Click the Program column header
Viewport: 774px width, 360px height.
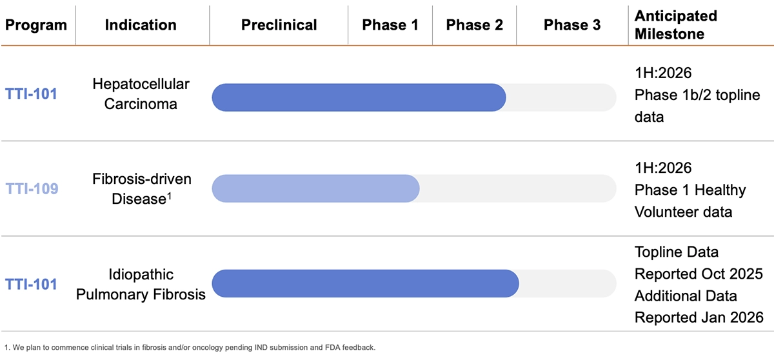pyautogui.click(x=36, y=25)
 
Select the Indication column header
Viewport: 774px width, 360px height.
pyautogui.click(x=141, y=25)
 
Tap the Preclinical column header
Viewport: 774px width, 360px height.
pyautogui.click(x=279, y=25)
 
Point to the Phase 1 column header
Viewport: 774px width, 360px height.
pyautogui.click(x=390, y=25)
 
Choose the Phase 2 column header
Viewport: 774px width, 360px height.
pyautogui.click(x=475, y=25)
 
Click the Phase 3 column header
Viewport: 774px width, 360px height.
pyautogui.click(x=572, y=25)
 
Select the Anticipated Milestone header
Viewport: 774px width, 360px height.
pyautogui.click(x=675, y=25)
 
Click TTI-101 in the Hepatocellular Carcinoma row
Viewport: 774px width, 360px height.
pyautogui.click(x=32, y=94)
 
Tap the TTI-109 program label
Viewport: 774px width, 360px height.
pyautogui.click(x=32, y=188)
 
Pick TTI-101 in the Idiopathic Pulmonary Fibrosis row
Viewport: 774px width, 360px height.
pyautogui.click(x=32, y=284)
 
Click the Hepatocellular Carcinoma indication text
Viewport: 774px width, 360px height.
pyautogui.click(x=140, y=94)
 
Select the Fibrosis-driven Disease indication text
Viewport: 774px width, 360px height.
pyautogui.click(x=143, y=188)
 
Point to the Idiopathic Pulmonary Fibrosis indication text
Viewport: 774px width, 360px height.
pyautogui.click(x=141, y=284)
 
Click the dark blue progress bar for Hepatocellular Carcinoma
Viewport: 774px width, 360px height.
pyautogui.click(x=359, y=97)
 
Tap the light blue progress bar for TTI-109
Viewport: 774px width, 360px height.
pyautogui.click(x=315, y=188)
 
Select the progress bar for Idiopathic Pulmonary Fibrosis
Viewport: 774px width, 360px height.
pyautogui.click(x=365, y=284)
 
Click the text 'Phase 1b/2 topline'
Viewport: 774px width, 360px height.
pyautogui.click(x=697, y=95)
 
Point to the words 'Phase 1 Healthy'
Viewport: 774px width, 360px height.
pyautogui.click(x=690, y=190)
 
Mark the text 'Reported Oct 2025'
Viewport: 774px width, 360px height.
pyautogui.click(x=699, y=274)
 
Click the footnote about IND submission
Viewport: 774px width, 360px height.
pyautogui.click(x=190, y=347)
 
